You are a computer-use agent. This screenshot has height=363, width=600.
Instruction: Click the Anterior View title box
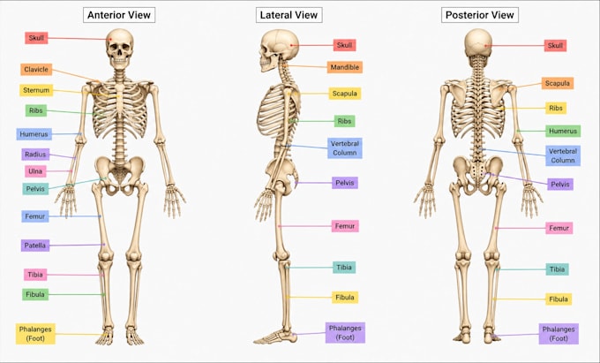(119, 15)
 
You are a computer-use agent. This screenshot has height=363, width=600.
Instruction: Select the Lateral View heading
(289, 15)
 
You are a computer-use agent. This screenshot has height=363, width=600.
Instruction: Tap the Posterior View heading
(480, 15)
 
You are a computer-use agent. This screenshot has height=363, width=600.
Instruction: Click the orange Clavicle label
(36, 69)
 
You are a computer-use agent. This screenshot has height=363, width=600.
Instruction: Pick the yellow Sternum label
(36, 90)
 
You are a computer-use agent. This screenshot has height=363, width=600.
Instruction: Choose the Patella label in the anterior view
(35, 246)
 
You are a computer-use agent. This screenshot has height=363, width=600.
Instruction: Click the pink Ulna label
(35, 171)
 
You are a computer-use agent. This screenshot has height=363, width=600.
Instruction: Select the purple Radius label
(35, 155)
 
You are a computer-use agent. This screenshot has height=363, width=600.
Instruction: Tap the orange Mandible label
(345, 67)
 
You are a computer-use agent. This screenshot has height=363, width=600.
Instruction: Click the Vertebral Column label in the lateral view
(345, 148)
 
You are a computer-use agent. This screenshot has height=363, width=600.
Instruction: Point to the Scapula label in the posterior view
(558, 83)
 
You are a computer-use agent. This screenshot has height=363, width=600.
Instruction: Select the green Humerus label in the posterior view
(563, 131)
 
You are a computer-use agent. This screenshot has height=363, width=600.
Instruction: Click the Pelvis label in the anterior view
(35, 189)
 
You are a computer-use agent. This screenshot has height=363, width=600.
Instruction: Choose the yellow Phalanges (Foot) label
(35, 334)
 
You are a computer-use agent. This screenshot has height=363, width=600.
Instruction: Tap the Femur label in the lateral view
(345, 226)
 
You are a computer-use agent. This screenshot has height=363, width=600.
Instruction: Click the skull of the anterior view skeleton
(120, 49)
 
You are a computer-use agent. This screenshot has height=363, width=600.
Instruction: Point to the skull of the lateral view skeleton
(279, 49)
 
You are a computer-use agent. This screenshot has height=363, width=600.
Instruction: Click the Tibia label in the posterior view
(557, 269)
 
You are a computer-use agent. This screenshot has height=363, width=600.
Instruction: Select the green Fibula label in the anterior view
(35, 294)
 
